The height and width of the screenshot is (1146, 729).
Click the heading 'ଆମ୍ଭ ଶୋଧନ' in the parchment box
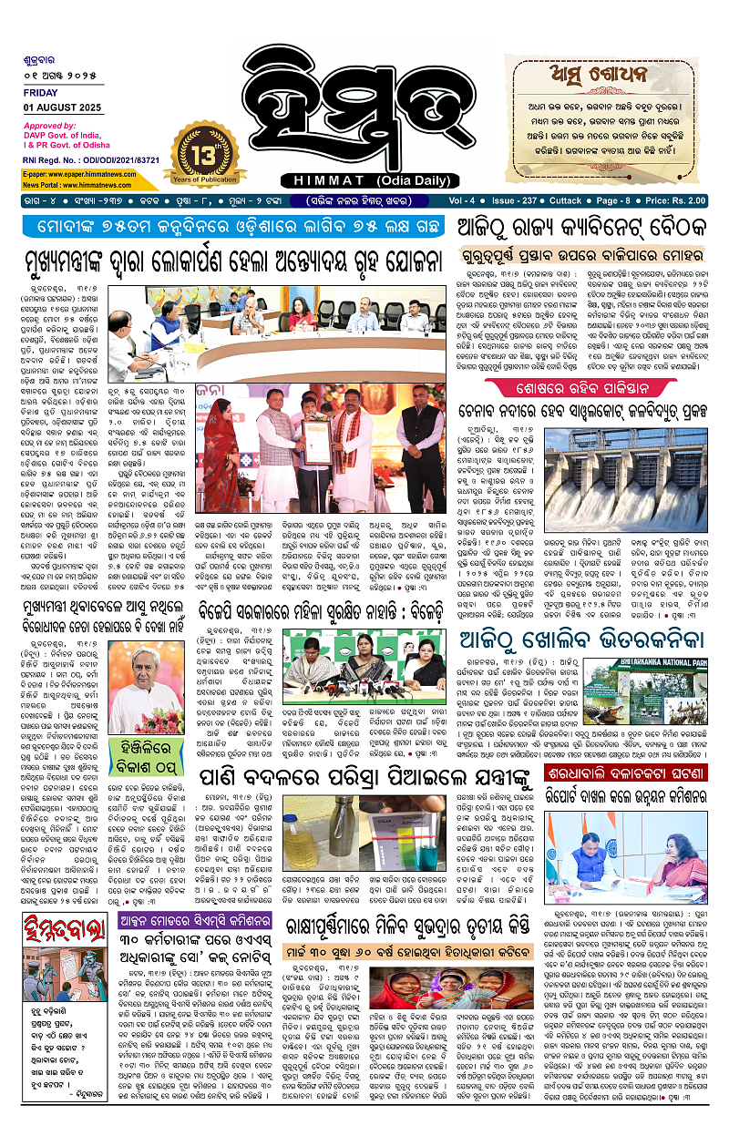(x=596, y=78)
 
